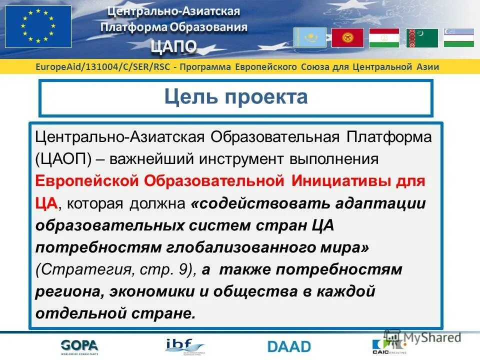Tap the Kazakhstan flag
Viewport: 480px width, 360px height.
click(x=309, y=37)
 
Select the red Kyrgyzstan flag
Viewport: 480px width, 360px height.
click(x=347, y=37)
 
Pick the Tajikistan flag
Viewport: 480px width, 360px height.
click(x=384, y=38)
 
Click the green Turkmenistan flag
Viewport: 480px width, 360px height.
click(x=422, y=38)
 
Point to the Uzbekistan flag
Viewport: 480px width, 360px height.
click(x=458, y=38)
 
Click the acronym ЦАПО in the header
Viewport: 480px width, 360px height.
click(x=174, y=46)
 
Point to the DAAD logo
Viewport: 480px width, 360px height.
click(x=289, y=346)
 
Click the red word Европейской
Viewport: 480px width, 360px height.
click(x=87, y=180)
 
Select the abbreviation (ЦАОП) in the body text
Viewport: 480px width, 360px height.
click(x=63, y=159)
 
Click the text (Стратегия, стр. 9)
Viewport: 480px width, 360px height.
click(x=115, y=269)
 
